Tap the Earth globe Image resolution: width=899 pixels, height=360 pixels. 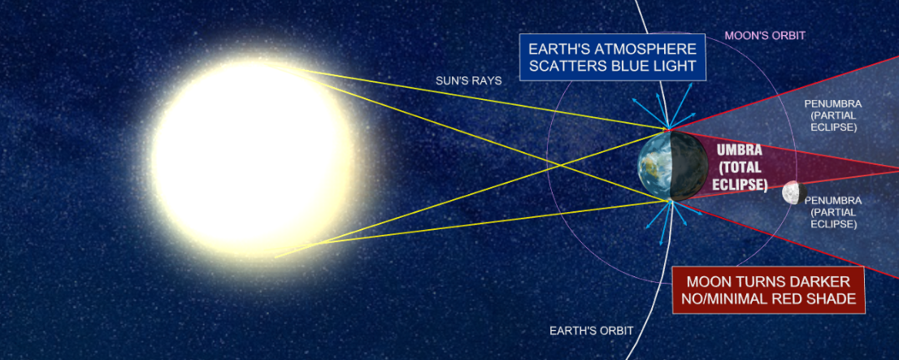pyautogui.click(x=672, y=166)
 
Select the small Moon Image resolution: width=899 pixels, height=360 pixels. pyautogui.click(x=795, y=193)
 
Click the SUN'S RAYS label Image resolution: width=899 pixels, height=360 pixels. pyautogui.click(x=468, y=80)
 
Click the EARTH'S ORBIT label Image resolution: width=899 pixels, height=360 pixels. pyautogui.click(x=591, y=331)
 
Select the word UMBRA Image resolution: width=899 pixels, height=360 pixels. pyautogui.click(x=739, y=151)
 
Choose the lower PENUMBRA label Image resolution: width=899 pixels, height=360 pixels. pyautogui.click(x=833, y=201)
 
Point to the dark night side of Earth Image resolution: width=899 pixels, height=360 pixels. pyautogui.click(x=690, y=167)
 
